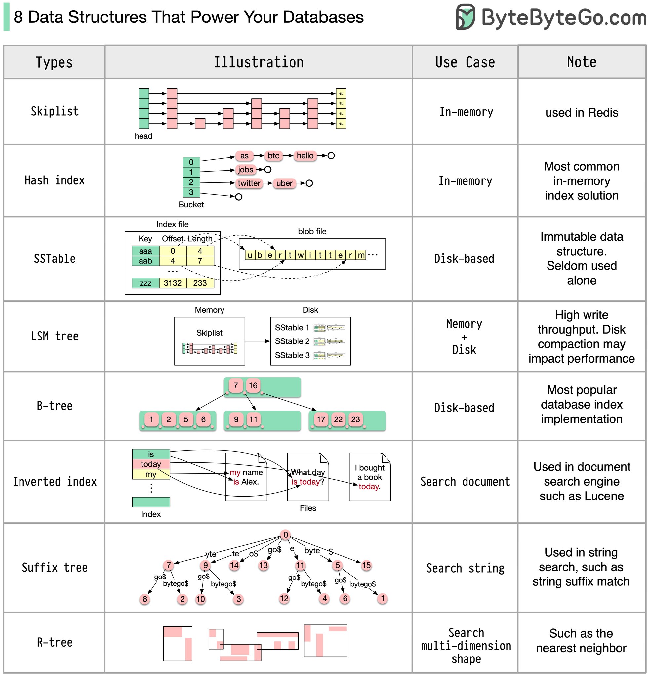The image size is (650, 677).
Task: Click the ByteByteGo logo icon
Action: coord(465,17)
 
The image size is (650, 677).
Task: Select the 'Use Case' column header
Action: coord(465,62)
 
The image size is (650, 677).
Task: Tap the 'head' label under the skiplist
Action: coord(143,136)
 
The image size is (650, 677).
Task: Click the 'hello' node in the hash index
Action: coord(305,156)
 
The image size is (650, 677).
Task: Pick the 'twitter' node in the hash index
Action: coord(249,183)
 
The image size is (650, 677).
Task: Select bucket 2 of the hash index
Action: coord(191,182)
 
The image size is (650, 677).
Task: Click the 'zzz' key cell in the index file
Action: coord(145,283)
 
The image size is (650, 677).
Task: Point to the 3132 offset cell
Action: coord(172,283)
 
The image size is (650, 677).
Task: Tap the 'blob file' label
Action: coord(312,231)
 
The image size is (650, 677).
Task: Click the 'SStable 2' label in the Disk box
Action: coord(292,341)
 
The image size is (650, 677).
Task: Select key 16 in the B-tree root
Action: coord(253,385)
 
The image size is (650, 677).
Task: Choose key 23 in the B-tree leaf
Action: coord(355,419)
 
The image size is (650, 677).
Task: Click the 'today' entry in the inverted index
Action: coord(151,464)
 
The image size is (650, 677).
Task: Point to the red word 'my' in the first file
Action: coord(235,472)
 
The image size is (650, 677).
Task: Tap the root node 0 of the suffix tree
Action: coord(286,535)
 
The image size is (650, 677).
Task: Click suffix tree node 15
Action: coord(366,565)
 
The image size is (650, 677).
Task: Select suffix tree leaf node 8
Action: coord(145,599)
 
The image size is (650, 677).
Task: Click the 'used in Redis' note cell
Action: coord(582,113)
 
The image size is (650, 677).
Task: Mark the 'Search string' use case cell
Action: coord(465,568)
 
